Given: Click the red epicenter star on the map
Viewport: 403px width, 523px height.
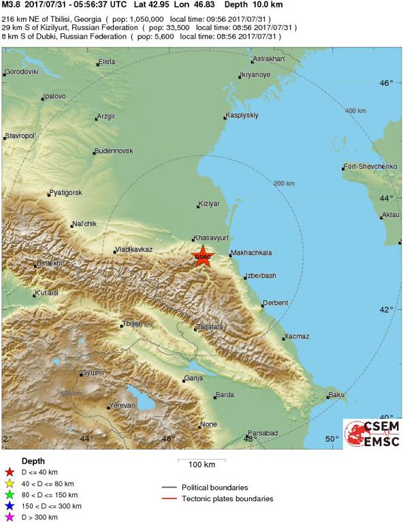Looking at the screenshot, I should (202, 257).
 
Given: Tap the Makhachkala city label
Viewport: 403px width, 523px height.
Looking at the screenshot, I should (251, 253).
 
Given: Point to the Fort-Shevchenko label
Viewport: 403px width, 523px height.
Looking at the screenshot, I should (370, 167).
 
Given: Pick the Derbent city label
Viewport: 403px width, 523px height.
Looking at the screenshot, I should (276, 303).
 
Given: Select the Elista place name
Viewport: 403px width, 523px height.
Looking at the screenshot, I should (107, 62).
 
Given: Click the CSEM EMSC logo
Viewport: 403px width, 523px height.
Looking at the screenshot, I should (371, 433).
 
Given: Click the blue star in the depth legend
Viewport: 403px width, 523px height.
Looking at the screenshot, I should (9, 506).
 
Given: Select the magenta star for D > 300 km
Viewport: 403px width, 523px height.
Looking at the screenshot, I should (9, 518).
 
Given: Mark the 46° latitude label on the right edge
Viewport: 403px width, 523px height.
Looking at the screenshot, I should (387, 83).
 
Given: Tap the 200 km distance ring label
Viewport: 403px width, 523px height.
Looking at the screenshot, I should (284, 184).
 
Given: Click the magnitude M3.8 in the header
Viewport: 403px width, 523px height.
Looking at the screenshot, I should (12, 5).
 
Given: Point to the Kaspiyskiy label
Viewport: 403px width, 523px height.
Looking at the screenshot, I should (243, 115).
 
